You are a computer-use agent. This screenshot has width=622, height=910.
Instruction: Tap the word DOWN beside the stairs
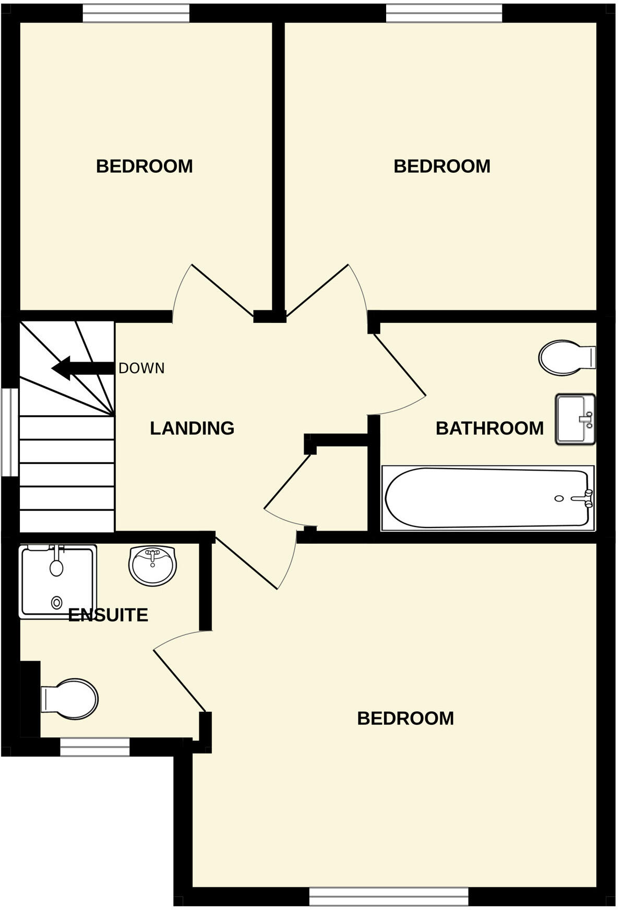141,368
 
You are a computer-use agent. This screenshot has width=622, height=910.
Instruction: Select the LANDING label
192,428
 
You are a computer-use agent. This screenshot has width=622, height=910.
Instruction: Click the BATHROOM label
489,428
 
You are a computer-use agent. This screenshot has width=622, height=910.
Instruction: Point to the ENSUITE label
108,615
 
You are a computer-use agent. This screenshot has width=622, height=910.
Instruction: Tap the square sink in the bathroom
575,419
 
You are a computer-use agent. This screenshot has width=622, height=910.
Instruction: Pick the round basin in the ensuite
153,566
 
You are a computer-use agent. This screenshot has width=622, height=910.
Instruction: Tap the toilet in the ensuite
71,699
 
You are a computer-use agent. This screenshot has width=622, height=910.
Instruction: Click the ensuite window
94,747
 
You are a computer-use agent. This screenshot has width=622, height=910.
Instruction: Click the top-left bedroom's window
136,14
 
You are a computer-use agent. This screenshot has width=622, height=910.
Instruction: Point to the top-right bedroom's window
444,14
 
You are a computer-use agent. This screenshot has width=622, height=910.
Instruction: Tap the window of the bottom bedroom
389,896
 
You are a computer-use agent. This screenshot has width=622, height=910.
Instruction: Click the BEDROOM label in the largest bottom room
405,719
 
